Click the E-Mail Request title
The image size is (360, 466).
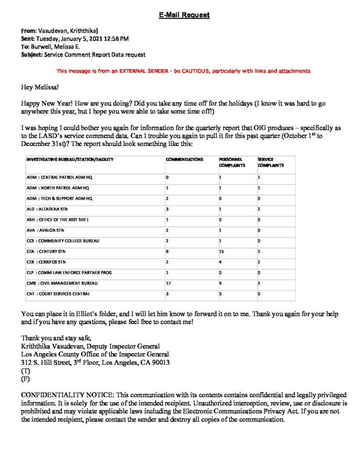click(x=184, y=15)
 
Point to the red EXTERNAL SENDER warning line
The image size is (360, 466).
click(x=183, y=71)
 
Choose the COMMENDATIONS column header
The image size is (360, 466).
click(x=184, y=160)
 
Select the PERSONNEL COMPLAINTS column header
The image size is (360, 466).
click(x=232, y=162)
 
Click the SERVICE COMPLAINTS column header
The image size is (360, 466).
click(x=271, y=162)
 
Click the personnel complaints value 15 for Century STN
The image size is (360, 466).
click(x=222, y=251)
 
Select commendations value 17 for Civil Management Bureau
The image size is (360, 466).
click(x=168, y=283)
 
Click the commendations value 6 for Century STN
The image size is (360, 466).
click(x=167, y=251)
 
